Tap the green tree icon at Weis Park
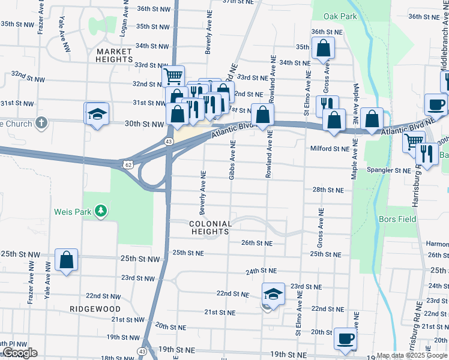tap(103, 211)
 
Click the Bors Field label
tap(397, 220)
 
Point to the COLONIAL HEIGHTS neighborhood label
tap(211, 228)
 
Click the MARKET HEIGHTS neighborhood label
tap(114, 56)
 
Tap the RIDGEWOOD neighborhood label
tap(95, 308)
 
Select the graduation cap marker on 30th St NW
tap(97, 113)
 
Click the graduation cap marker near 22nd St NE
tap(273, 295)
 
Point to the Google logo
tap(20, 353)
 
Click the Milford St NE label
tap(330, 149)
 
